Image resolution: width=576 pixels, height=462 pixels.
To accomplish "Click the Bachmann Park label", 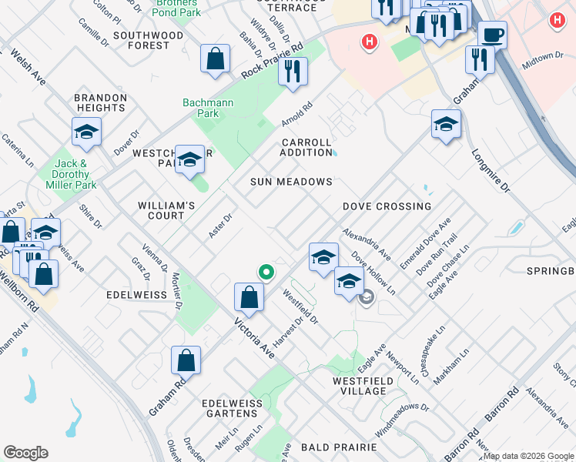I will coord(201,109).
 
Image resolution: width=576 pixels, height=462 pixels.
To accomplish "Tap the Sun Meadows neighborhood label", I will coord(291,182).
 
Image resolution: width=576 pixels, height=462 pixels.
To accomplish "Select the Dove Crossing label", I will coord(387,206).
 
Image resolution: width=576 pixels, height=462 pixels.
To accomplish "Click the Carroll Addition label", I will coord(306,147).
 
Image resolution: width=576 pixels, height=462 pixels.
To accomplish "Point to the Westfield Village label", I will coord(363,386).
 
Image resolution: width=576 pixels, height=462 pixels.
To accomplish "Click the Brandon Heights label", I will coord(100,103).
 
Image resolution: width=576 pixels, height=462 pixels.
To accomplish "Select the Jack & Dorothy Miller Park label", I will coord(75,174).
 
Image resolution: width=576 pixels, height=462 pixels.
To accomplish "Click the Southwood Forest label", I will coord(149,40).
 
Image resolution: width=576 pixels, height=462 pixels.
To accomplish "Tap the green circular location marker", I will coord(266,271).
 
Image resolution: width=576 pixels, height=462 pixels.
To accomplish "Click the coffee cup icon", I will coord(493,35).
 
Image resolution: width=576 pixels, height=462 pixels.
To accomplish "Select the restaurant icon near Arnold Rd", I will coord(293,72).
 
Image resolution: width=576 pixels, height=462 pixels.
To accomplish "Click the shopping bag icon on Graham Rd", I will coord(186,360).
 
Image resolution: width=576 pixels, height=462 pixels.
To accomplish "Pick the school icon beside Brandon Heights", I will coord(87,132).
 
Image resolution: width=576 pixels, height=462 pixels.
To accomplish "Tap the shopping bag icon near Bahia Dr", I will coord(216,59).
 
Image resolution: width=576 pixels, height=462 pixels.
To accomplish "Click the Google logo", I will coord(25,453).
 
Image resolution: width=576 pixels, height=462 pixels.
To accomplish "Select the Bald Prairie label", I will coord(339,447).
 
